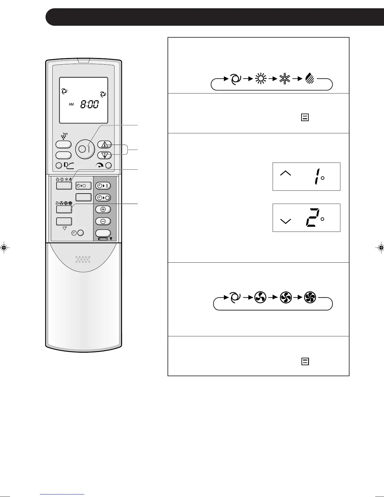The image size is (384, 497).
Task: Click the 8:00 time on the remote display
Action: click(x=89, y=104)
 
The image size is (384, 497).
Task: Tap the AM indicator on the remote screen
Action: click(x=72, y=104)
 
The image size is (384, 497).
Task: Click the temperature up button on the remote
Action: click(x=105, y=145)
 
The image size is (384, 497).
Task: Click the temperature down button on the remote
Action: click(x=105, y=155)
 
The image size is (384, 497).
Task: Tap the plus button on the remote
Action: click(x=103, y=209)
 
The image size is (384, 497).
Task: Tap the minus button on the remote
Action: click(x=103, y=221)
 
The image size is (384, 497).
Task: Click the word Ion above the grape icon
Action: click(x=65, y=134)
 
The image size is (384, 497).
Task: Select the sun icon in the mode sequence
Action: click(x=260, y=79)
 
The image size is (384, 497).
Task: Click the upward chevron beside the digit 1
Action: click(x=285, y=173)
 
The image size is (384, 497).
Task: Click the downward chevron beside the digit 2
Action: click(x=285, y=221)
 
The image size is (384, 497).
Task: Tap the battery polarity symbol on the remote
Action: click(x=103, y=239)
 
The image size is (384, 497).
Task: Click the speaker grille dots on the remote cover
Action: click(x=83, y=259)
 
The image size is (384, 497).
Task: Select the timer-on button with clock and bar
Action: click(x=103, y=186)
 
